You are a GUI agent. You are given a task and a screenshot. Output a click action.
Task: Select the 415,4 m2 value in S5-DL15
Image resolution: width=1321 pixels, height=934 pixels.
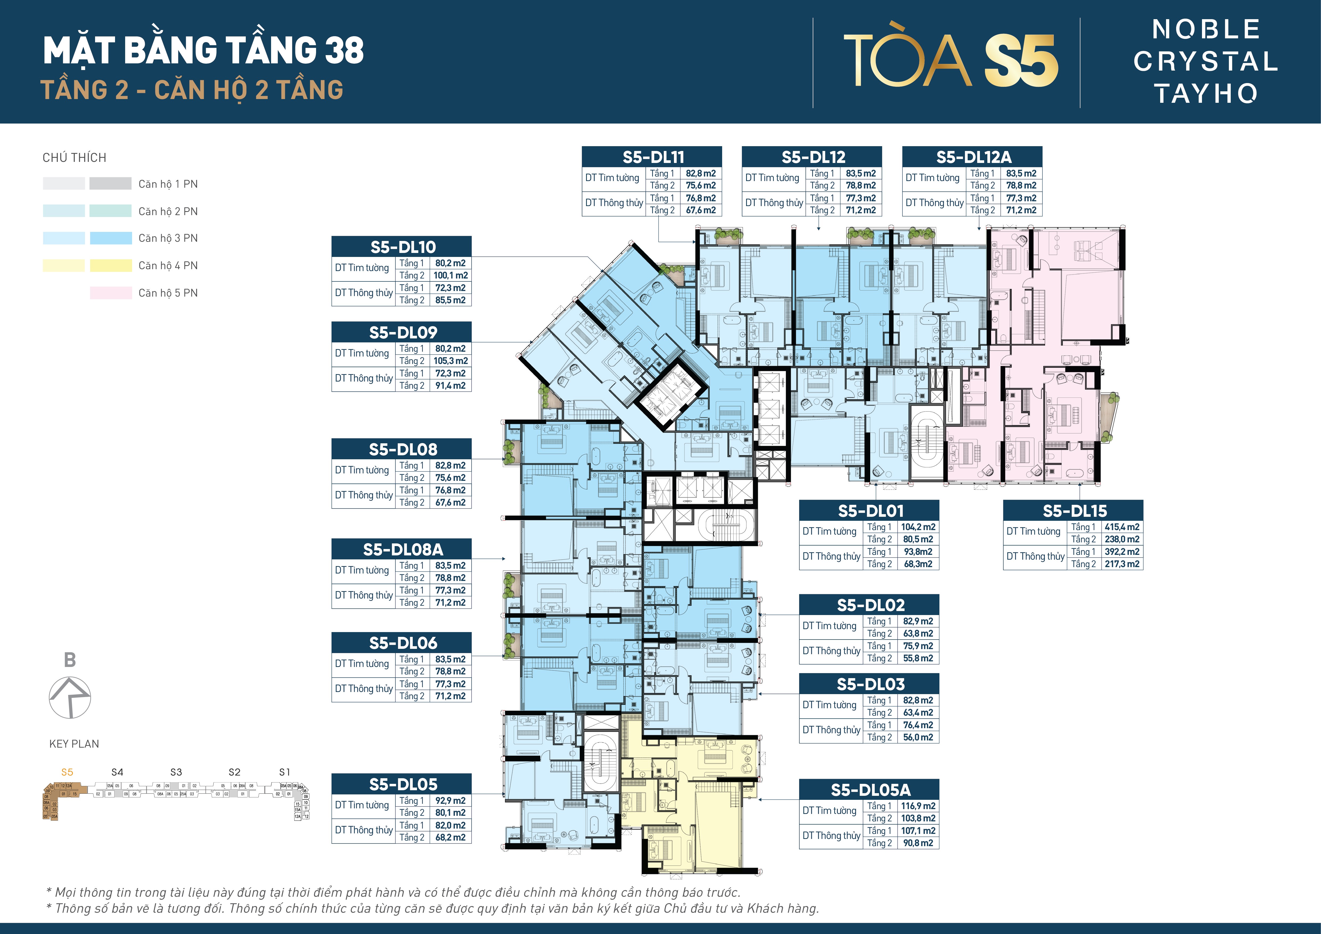1121,527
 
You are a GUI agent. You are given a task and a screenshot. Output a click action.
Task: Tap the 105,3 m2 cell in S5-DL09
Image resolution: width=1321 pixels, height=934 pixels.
451,361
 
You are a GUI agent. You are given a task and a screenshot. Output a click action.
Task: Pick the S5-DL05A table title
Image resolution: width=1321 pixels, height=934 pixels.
869,790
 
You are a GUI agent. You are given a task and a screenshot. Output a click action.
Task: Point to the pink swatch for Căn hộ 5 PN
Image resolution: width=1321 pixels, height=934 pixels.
111,293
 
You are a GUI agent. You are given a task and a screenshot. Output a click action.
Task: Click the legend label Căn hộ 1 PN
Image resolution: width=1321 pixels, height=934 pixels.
168,184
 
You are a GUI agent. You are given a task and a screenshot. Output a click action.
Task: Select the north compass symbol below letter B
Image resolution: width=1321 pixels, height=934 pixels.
69,697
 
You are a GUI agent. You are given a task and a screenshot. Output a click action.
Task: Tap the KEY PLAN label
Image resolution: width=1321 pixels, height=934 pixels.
74,744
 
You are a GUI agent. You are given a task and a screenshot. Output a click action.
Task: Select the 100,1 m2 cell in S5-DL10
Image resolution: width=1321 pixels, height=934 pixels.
451,276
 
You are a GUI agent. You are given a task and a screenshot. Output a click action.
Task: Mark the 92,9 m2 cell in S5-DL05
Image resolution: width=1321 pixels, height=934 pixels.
451,801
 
